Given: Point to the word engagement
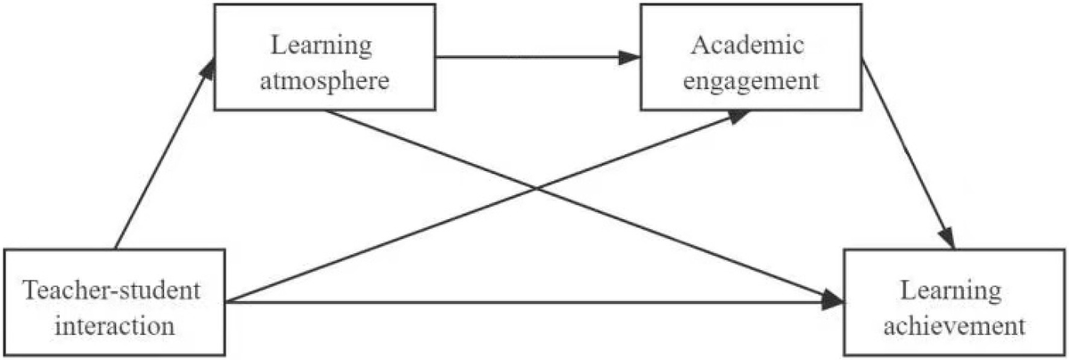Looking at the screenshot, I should coord(752,82).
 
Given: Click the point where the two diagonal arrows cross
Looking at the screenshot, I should coord(534,189).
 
